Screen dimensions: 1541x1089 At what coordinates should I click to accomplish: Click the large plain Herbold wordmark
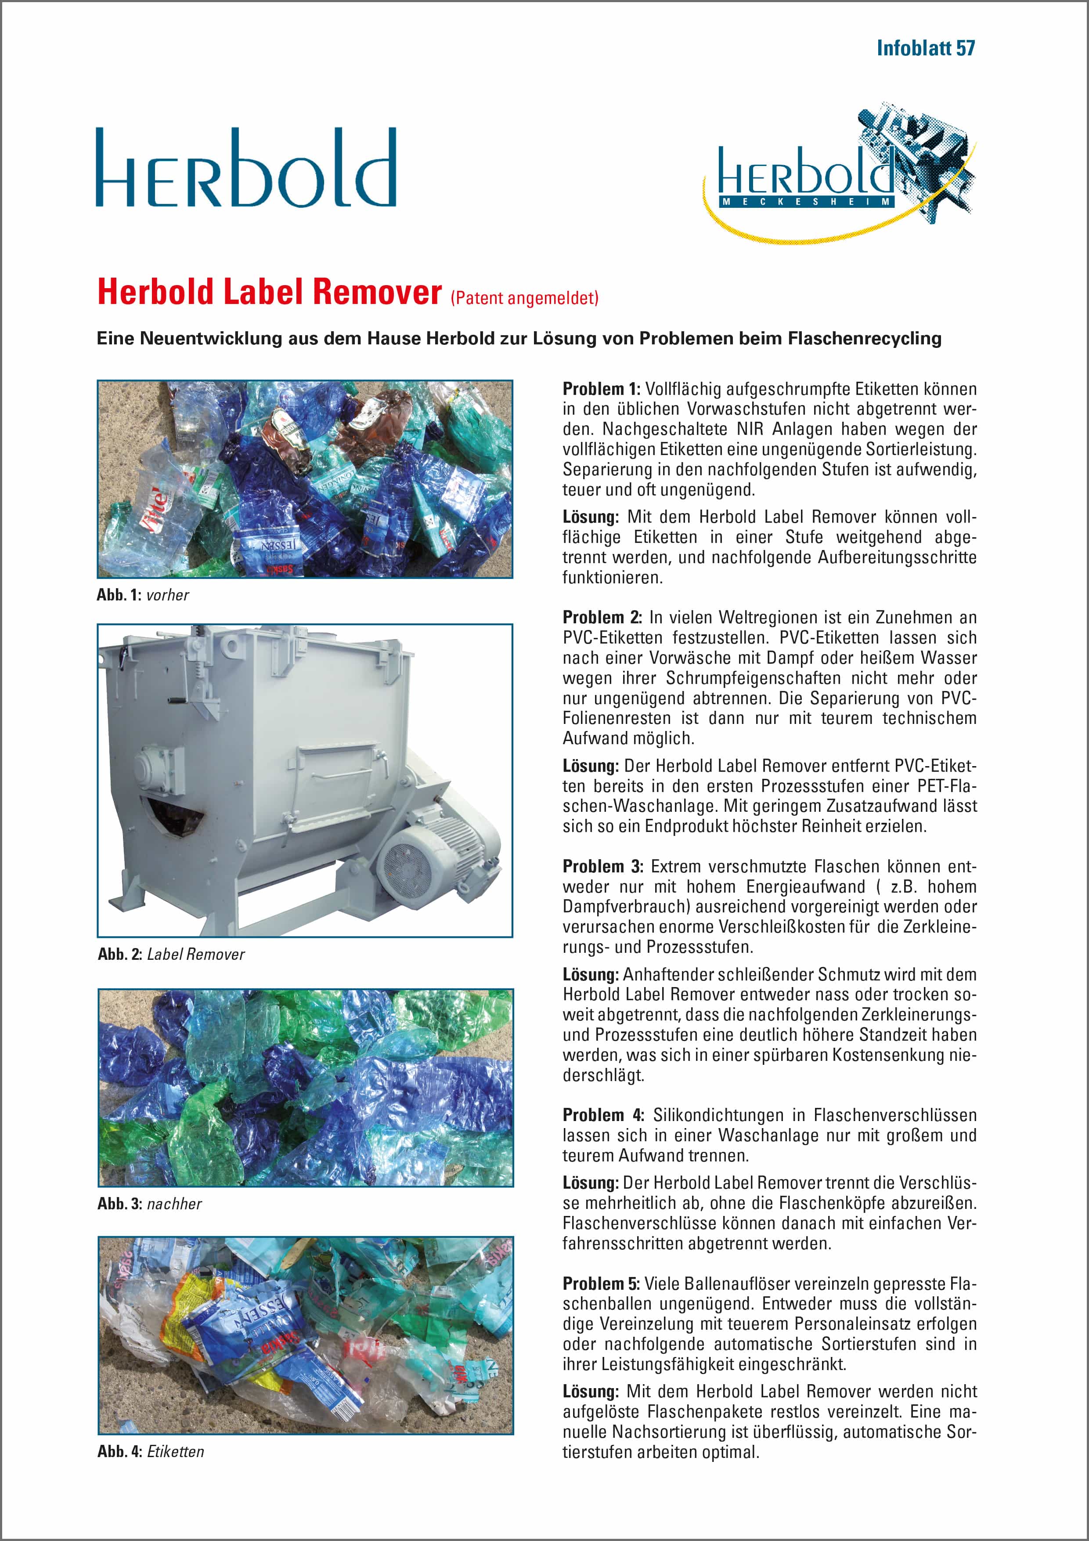click(245, 168)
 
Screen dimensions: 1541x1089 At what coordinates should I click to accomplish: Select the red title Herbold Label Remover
click(269, 293)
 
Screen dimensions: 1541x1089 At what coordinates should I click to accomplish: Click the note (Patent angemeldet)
click(524, 297)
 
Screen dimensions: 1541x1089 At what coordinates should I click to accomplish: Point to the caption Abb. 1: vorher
click(142, 595)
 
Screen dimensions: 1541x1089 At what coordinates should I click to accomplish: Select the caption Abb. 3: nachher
click(149, 1203)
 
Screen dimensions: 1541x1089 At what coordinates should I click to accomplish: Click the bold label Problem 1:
click(601, 389)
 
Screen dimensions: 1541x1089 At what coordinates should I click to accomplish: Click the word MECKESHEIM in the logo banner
click(807, 201)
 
